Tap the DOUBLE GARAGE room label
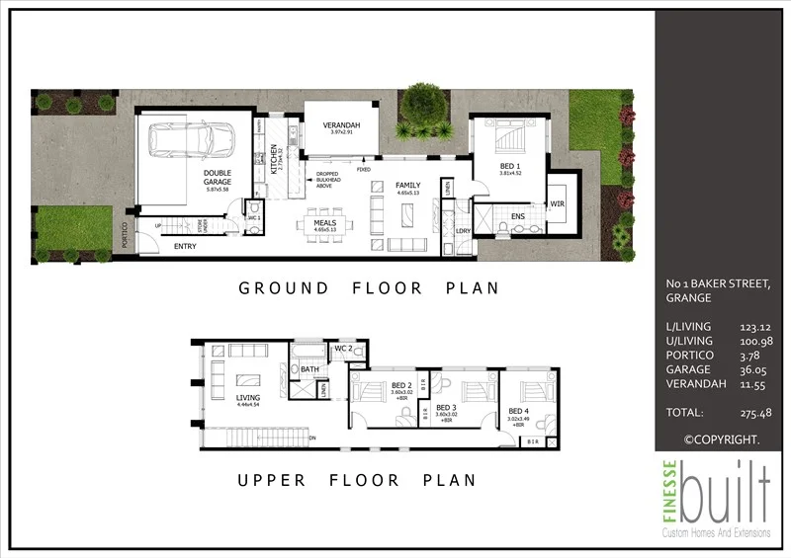pyautogui.click(x=218, y=182)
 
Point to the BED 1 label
pyautogui.click(x=509, y=166)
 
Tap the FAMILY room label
pyautogui.click(x=407, y=186)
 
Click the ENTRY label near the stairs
pyautogui.click(x=185, y=246)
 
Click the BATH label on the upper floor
pyautogui.click(x=308, y=370)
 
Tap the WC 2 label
pyautogui.click(x=342, y=349)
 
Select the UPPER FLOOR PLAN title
pyautogui.click(x=355, y=480)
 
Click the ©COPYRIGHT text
pyautogui.click(x=722, y=438)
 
